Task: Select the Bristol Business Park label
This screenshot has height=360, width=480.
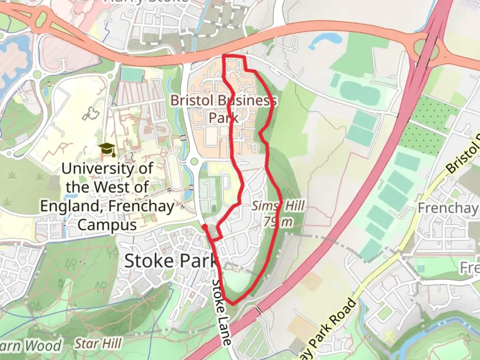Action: pos(223,109)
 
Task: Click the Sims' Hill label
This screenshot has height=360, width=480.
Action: pos(278,206)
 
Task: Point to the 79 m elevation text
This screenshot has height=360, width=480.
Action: pos(278,221)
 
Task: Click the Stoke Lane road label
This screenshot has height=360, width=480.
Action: pos(222,312)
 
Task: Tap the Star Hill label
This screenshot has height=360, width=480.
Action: pos(98,343)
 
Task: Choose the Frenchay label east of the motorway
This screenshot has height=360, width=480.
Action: pos(447,208)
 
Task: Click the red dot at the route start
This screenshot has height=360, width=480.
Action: pos(204,227)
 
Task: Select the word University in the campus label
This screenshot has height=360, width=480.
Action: pos(107,169)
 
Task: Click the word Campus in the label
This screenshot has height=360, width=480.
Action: pos(107,225)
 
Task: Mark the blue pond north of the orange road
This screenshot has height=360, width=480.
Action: pos(325,40)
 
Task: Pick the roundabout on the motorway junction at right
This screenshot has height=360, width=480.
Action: pos(428,50)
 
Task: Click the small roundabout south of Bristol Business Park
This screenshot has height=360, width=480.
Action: pos(193,162)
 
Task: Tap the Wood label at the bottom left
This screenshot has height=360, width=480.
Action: pos(43,346)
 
